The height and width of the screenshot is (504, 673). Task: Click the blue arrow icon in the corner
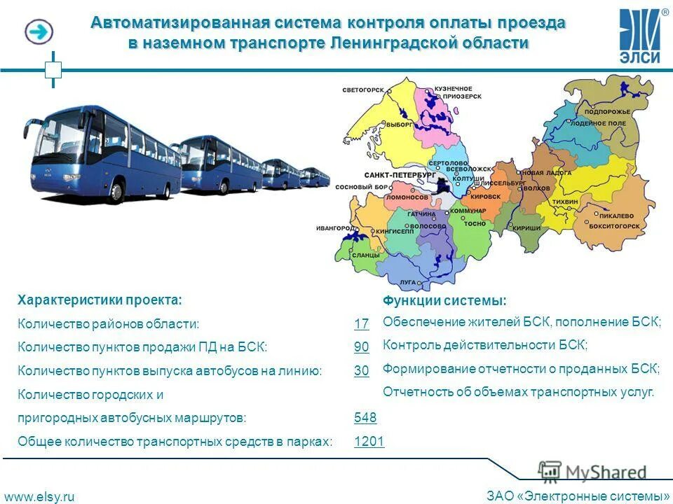[39, 31]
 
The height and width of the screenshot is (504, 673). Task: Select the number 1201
[369, 441]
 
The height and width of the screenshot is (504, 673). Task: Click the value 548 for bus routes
[365, 418]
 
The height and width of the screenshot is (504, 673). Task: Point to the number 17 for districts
[361, 324]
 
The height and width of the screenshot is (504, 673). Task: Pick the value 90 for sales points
[361, 347]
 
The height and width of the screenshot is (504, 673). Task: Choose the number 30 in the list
[361, 371]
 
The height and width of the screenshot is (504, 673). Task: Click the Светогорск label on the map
[364, 90]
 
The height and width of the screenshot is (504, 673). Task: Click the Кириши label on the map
[526, 228]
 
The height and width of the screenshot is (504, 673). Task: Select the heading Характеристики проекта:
[100, 300]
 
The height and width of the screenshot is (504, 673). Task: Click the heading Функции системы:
[444, 301]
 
